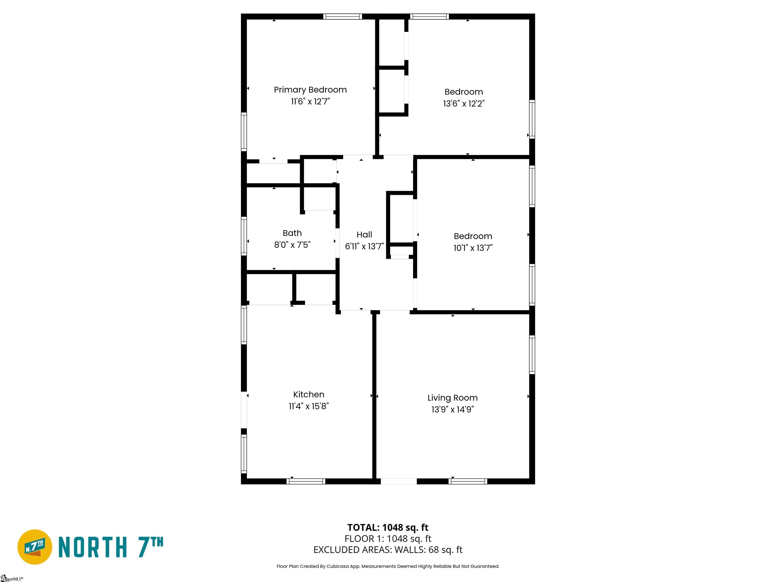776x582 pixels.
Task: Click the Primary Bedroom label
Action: click(x=310, y=90)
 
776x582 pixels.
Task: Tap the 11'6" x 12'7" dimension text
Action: click(x=310, y=101)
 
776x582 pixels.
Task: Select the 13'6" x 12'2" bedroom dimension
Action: click(x=464, y=104)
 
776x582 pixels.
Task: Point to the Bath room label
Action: click(x=292, y=233)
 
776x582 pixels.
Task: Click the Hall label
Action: click(x=364, y=234)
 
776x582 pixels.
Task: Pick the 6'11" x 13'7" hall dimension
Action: click(x=364, y=246)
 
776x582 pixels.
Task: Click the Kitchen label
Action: click(x=308, y=394)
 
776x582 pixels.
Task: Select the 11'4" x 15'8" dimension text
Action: click(x=308, y=406)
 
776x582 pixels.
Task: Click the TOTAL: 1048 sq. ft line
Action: click(x=388, y=527)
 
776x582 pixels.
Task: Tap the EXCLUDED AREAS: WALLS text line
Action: click(x=388, y=550)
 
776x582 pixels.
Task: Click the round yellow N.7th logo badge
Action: click(x=35, y=547)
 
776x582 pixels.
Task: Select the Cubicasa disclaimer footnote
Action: click(x=388, y=566)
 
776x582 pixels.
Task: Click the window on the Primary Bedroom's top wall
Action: click(x=342, y=16)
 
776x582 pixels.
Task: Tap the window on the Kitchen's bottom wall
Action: click(x=306, y=481)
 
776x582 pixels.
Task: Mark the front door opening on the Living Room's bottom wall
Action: click(x=399, y=481)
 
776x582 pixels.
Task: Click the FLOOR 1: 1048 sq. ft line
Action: click(x=388, y=539)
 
